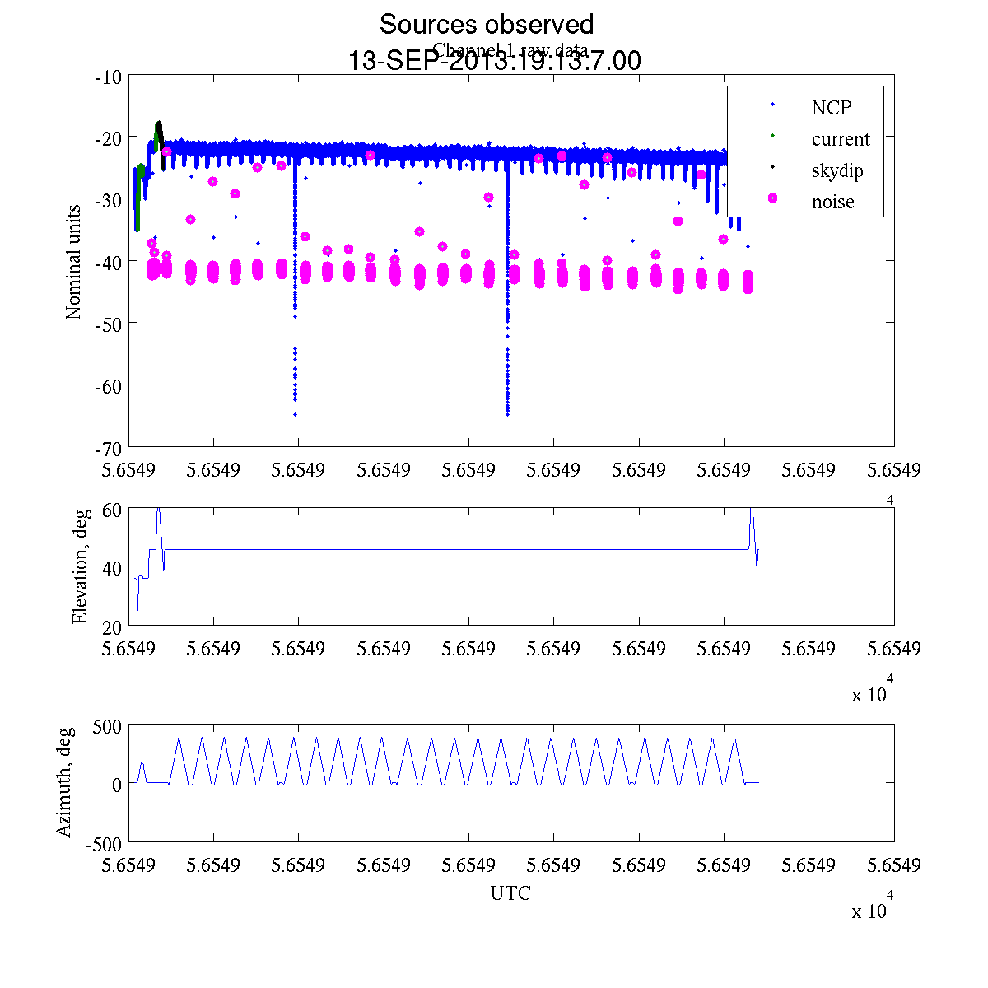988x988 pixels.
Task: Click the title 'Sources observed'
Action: point(486,25)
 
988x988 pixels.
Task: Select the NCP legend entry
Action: point(832,108)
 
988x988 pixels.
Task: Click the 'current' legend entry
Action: point(841,139)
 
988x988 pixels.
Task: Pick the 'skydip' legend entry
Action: point(837,170)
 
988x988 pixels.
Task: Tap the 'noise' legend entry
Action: point(833,202)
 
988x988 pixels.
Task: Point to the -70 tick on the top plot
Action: point(109,448)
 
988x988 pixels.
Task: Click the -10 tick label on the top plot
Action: point(109,77)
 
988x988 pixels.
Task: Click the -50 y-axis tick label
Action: point(109,324)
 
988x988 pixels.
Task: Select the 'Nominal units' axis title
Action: point(74,262)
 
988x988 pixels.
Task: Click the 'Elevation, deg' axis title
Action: point(80,566)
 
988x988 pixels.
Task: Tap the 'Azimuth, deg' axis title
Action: point(65,782)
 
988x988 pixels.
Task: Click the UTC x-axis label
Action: point(510,893)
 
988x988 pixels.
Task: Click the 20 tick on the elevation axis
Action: point(113,627)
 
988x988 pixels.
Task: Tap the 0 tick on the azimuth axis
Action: point(117,785)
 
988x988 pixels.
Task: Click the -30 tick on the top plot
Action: point(109,200)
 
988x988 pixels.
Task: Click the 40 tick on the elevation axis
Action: point(113,568)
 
